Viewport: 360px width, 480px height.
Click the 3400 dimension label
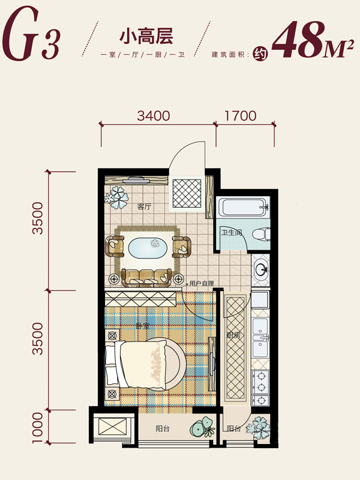coord(154,116)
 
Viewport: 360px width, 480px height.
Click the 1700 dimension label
coord(241,116)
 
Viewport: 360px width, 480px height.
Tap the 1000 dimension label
coord(38,428)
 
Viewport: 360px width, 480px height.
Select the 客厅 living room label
coord(144,206)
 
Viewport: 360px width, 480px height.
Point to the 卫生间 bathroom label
coord(232,233)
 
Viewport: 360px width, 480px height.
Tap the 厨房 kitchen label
coord(233,335)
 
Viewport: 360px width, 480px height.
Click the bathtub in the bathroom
coord(242,207)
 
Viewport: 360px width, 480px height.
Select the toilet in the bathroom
coord(261,234)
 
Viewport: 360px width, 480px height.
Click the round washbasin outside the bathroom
coord(261,269)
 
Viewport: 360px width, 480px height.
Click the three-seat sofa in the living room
coord(146,278)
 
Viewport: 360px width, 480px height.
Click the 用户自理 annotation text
coord(202,283)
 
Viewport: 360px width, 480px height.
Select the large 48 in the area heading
coord(298,40)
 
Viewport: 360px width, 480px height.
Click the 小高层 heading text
coord(146,36)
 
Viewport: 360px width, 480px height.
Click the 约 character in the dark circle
coord(260,55)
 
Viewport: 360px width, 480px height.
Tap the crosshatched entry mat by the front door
coord(187,193)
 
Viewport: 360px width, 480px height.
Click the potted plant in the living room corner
coord(116,197)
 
